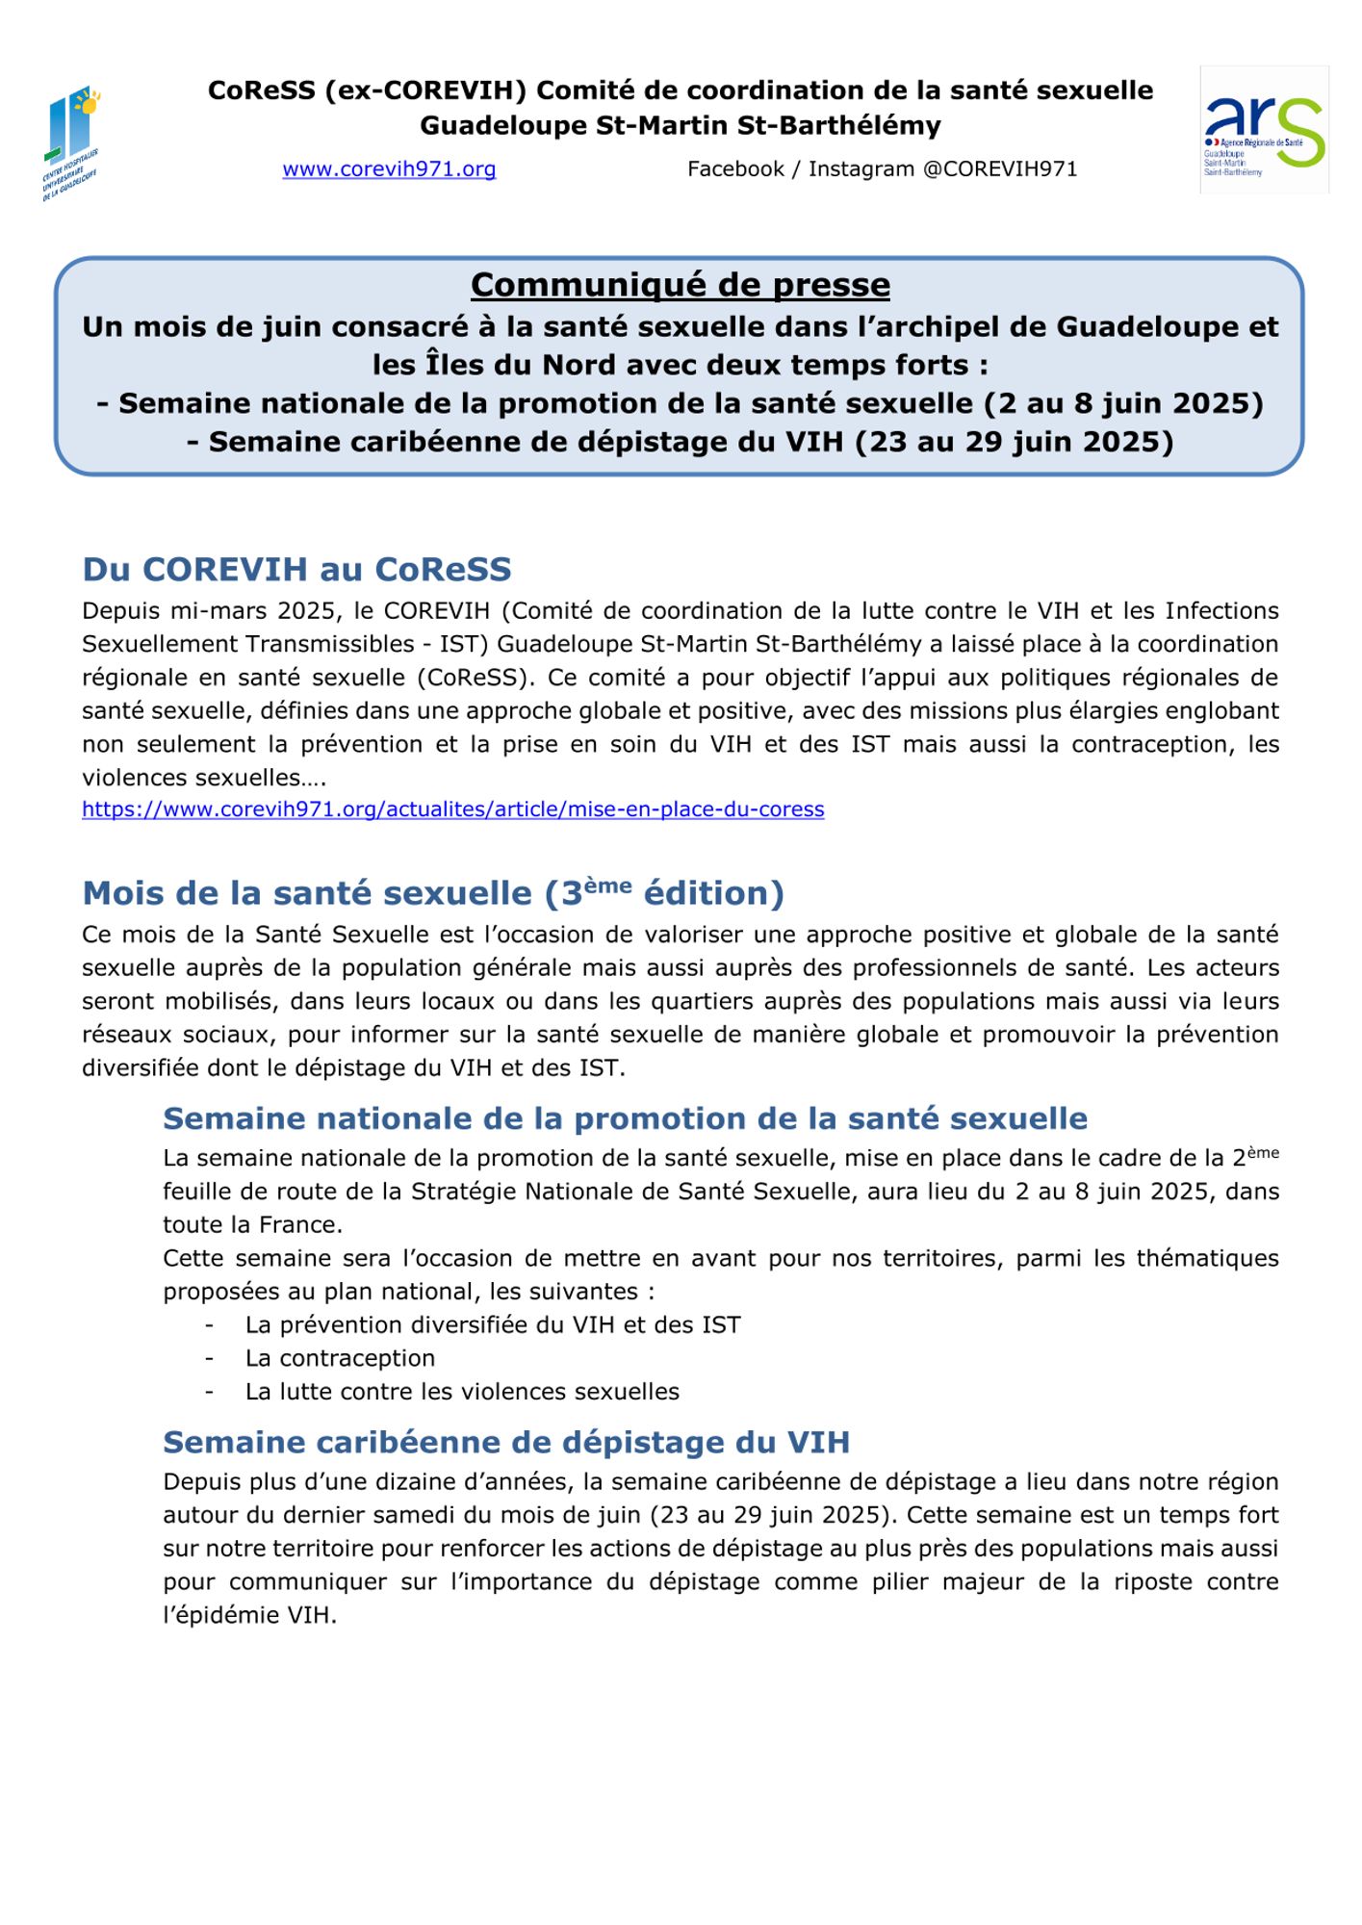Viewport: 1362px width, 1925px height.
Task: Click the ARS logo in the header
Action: pyautogui.click(x=1264, y=131)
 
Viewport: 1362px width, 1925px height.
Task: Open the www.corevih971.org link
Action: pyautogui.click(x=389, y=169)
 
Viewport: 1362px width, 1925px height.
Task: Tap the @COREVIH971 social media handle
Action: pyautogui.click(x=1000, y=169)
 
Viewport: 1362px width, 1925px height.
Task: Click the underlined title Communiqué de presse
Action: pyautogui.click(x=680, y=285)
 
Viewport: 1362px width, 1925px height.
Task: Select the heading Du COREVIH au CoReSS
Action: pyautogui.click(x=296, y=569)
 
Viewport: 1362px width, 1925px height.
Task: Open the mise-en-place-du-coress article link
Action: pyautogui.click(x=452, y=809)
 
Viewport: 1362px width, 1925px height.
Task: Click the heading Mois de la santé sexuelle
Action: pyautogui.click(x=433, y=893)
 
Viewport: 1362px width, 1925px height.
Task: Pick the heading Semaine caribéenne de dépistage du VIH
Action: pyautogui.click(x=505, y=1442)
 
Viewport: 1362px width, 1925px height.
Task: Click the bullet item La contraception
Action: pyautogui.click(x=340, y=1358)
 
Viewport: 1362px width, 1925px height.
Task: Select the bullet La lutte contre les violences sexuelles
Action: pyautogui.click(x=462, y=1392)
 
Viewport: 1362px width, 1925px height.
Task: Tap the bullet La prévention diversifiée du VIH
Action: pyautogui.click(x=493, y=1325)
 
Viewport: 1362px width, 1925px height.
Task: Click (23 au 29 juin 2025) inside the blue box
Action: pyautogui.click(x=1014, y=442)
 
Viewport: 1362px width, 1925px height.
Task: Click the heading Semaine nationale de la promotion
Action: pyautogui.click(x=625, y=1118)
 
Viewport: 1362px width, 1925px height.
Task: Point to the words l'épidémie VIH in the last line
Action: pyautogui.click(x=249, y=1616)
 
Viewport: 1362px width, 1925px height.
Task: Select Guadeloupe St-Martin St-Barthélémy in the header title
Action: pyautogui.click(x=680, y=126)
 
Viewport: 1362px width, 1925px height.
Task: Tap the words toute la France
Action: pyautogui.click(x=252, y=1225)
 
